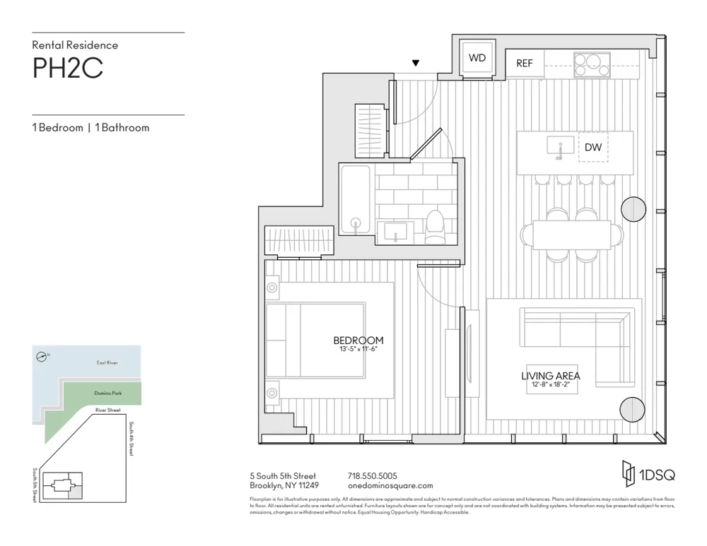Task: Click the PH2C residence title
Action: pyautogui.click(x=68, y=69)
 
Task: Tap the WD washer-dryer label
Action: pyautogui.click(x=477, y=58)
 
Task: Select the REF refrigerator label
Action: pyautogui.click(x=524, y=64)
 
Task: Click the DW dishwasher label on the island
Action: pyautogui.click(x=592, y=148)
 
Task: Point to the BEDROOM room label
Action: pyautogui.click(x=358, y=340)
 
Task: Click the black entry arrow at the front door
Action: pyautogui.click(x=416, y=64)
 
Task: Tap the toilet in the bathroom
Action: pyautogui.click(x=433, y=226)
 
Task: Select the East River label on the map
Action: pyautogui.click(x=107, y=362)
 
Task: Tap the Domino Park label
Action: pyautogui.click(x=104, y=393)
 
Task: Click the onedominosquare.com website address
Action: pyautogui.click(x=390, y=486)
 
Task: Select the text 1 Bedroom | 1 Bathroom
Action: pyautogui.click(x=90, y=128)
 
